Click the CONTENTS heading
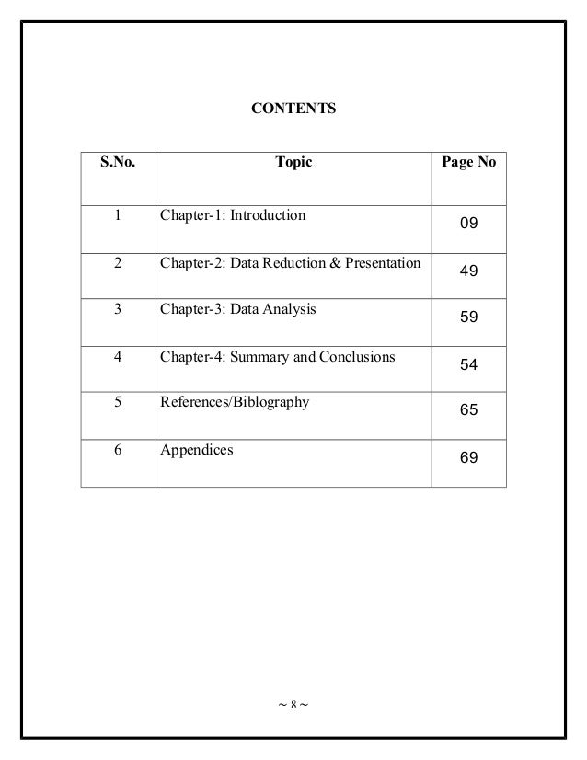click(293, 109)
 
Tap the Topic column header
click(293, 163)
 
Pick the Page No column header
click(468, 163)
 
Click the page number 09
click(468, 224)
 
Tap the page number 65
click(468, 410)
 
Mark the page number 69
click(468, 456)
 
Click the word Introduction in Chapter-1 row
click(268, 216)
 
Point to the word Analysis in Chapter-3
click(288, 310)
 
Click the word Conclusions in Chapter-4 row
click(358, 358)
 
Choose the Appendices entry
click(195, 451)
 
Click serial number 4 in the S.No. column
click(117, 357)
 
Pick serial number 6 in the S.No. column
click(117, 451)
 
